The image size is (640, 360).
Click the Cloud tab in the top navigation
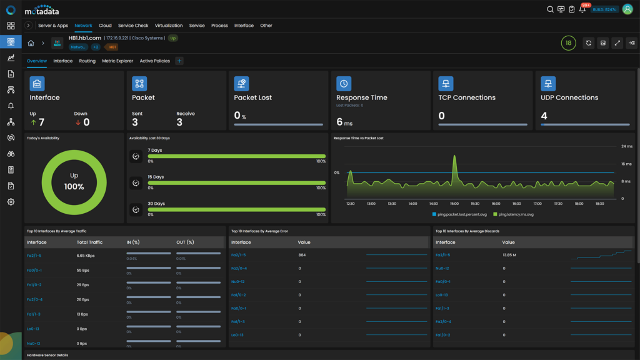tap(105, 26)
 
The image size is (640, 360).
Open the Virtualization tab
tap(169, 26)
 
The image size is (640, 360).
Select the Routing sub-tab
tap(87, 61)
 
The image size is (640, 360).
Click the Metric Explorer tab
tap(117, 61)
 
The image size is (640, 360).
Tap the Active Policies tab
tap(154, 61)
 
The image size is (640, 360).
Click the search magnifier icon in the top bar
tap(550, 9)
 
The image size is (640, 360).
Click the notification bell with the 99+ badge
tap(582, 9)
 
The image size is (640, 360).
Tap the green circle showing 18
tap(568, 43)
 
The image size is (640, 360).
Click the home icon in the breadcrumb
tap(31, 43)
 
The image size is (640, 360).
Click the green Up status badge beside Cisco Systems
tap(172, 38)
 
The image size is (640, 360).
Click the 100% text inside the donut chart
tap(74, 187)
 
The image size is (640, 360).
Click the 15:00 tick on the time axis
tap(454, 204)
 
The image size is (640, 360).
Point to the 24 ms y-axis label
tap(627, 146)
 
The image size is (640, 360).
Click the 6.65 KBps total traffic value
tap(86, 256)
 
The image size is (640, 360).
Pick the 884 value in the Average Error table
tap(302, 255)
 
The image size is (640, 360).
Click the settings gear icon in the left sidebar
tap(11, 202)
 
